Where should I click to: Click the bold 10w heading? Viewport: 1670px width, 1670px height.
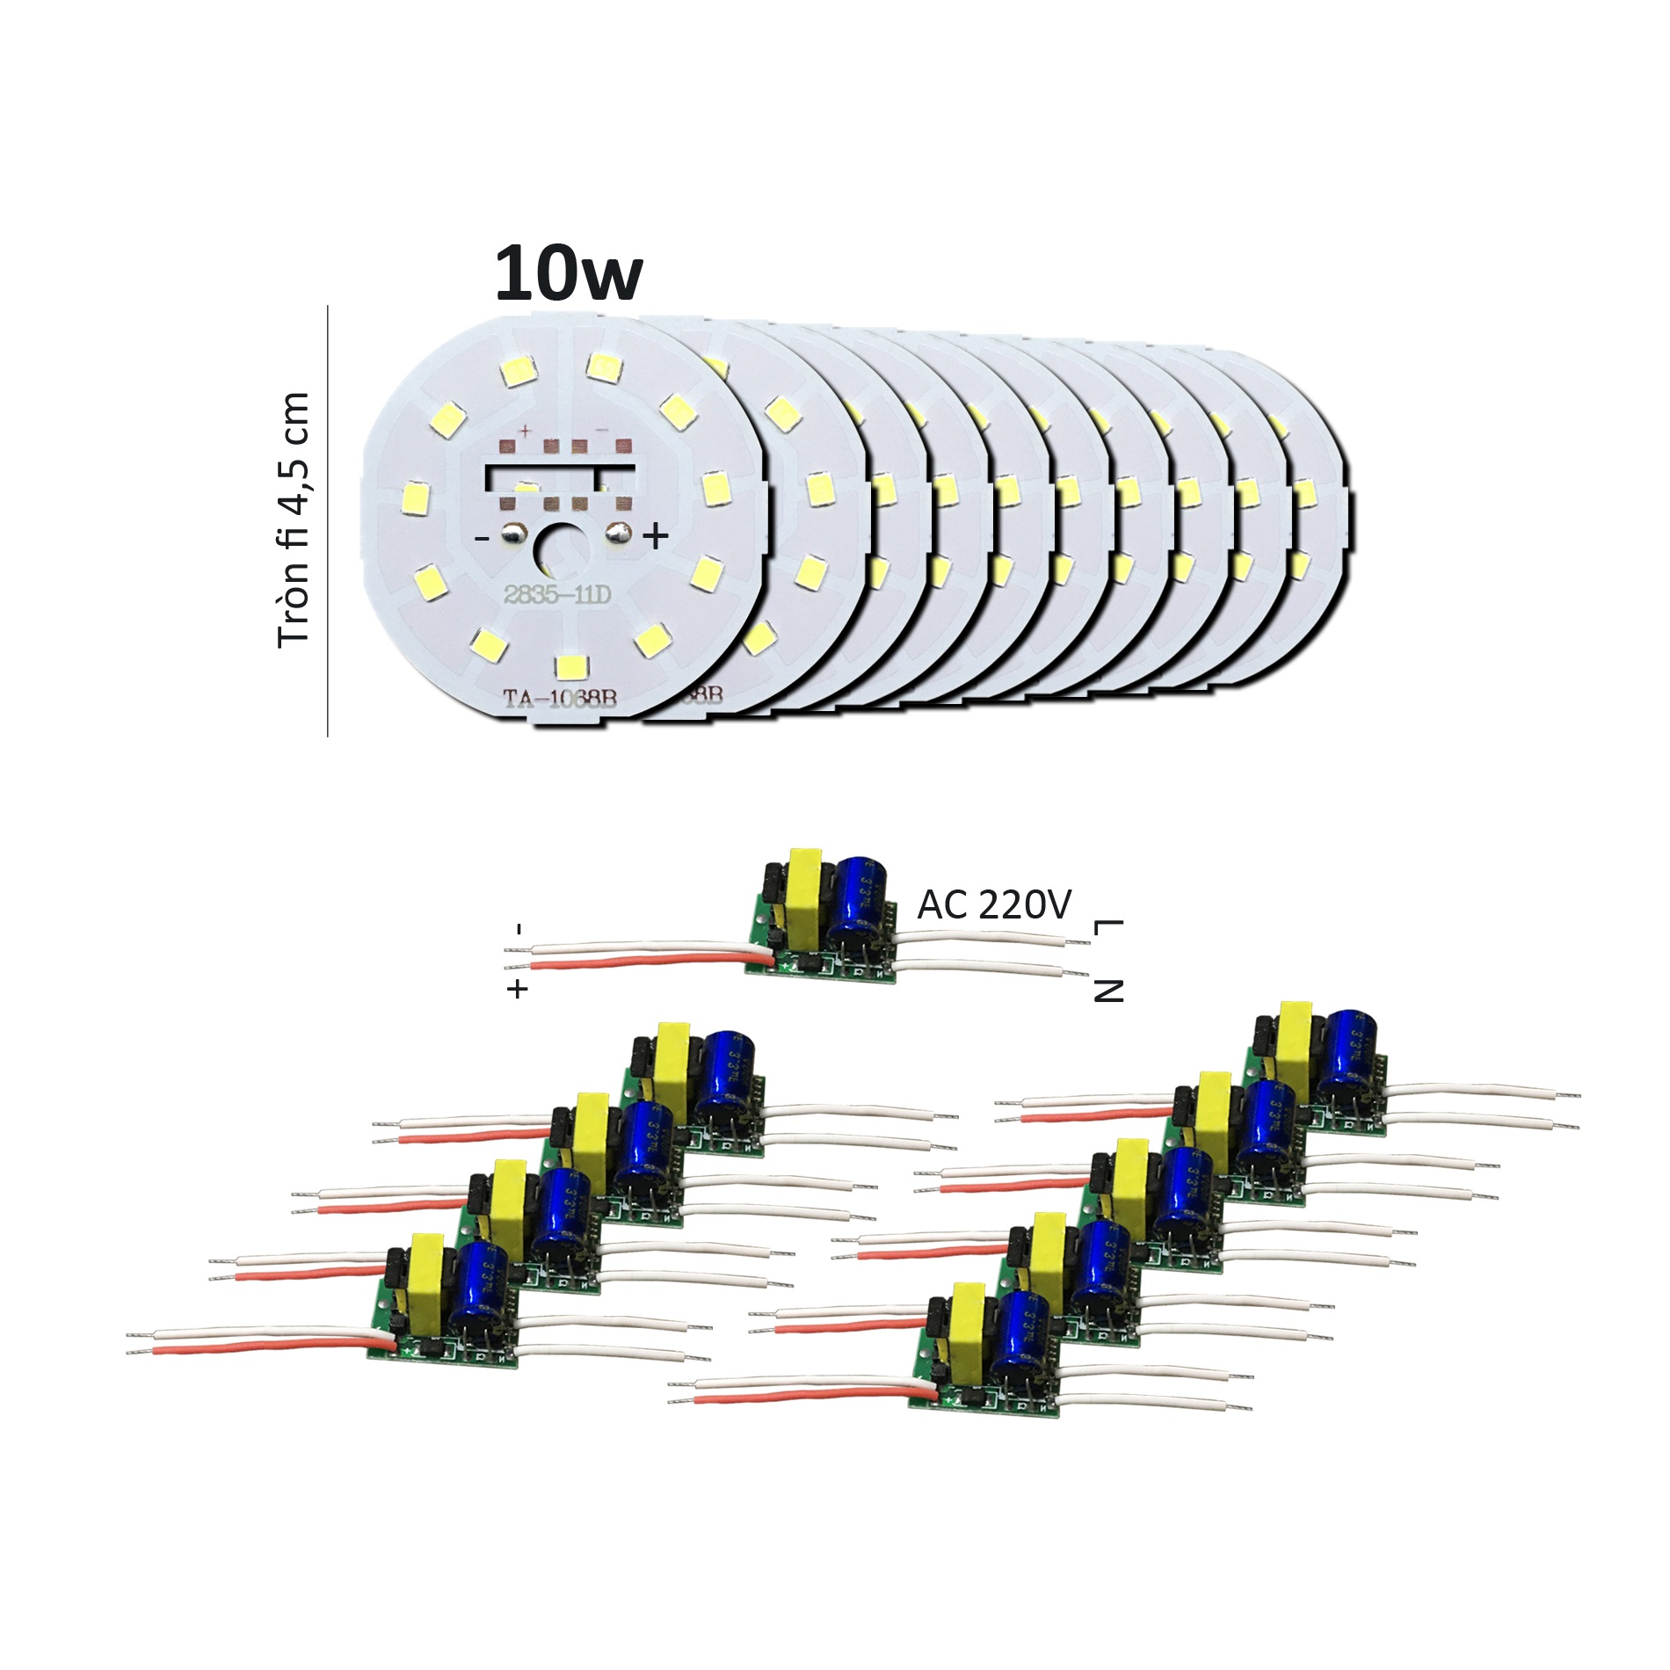pos(569,273)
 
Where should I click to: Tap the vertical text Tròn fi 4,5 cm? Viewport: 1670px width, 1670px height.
pos(294,520)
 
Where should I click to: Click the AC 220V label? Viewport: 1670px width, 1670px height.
pos(994,904)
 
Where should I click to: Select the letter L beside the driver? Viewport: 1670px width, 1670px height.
pos(1108,927)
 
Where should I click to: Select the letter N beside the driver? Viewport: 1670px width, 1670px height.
pos(1108,991)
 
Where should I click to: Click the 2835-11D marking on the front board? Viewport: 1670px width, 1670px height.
pos(556,595)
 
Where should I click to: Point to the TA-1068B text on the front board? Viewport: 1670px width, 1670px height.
pos(560,699)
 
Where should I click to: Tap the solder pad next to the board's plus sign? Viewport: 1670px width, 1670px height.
pos(619,532)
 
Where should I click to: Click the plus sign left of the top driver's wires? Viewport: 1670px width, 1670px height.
pos(518,989)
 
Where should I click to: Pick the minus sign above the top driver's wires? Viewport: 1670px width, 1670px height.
pos(519,928)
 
